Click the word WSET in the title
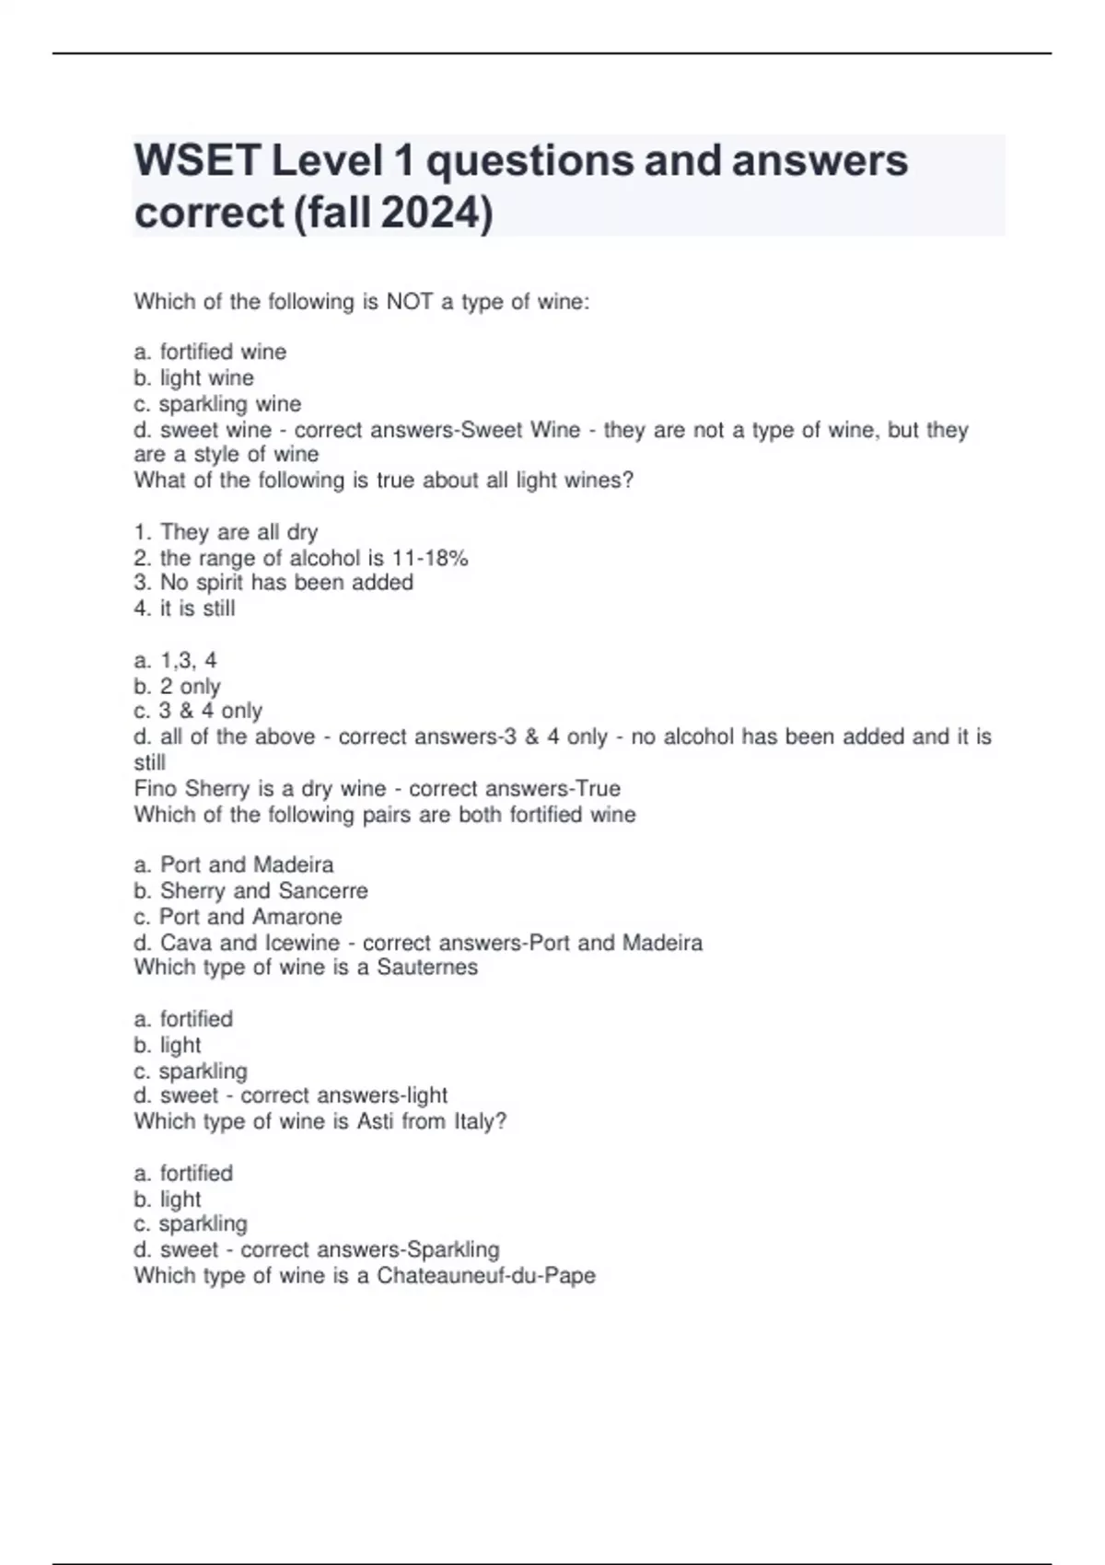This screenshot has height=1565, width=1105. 197,161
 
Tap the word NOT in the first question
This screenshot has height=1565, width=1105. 409,302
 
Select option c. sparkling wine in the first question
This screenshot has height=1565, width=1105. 217,404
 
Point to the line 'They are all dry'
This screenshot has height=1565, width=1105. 238,532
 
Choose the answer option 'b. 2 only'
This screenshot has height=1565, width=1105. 177,687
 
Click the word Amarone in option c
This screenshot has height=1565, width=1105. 297,917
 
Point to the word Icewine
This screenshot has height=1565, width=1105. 302,943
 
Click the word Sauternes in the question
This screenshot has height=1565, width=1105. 427,968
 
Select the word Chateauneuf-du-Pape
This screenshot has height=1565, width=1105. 486,1276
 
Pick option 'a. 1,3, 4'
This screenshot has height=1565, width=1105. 175,661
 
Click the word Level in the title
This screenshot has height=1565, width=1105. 327,161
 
